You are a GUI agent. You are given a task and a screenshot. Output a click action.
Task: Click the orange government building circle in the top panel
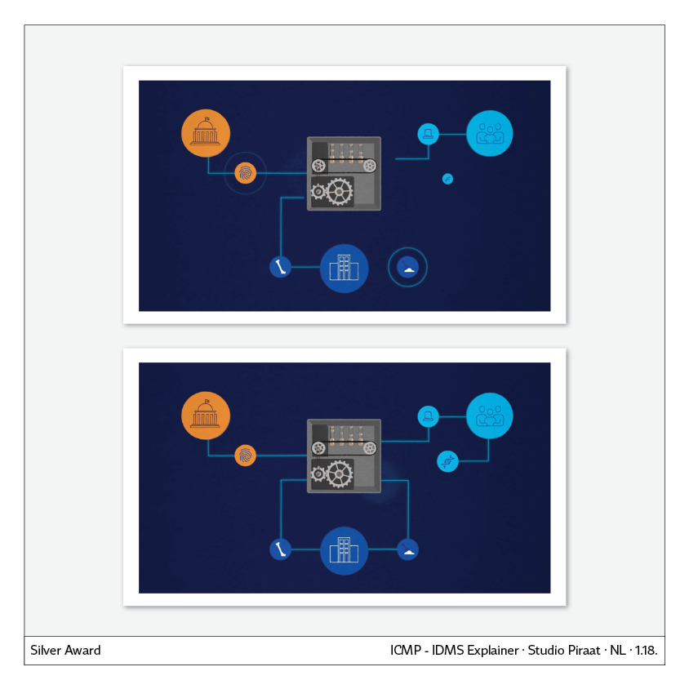pos(206,131)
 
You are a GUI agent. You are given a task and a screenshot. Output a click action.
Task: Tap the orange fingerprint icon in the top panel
pos(246,173)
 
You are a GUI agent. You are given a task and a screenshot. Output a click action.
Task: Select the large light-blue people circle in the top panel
pos(490,132)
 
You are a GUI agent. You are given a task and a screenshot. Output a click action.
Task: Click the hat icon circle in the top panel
pos(428,133)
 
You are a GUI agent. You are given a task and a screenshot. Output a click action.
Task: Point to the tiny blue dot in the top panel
pos(447,179)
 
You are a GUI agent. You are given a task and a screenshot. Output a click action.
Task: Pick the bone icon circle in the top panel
pos(281,266)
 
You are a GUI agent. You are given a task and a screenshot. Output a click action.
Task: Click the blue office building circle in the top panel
pos(344,268)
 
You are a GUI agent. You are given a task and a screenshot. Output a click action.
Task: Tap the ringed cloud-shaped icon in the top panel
pos(407,267)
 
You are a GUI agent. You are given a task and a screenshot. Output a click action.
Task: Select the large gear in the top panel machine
pos(339,191)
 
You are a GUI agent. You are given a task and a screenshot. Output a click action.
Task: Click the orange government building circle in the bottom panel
pos(206,416)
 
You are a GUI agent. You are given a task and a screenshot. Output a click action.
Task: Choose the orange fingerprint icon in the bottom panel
pos(246,456)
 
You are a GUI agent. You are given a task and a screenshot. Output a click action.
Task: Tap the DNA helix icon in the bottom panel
pos(447,462)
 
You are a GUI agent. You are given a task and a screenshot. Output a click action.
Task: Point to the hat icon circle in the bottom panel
pos(428,416)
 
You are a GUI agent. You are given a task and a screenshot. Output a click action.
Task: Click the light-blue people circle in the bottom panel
pos(490,416)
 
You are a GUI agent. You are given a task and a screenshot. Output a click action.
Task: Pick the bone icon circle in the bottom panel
pos(281,549)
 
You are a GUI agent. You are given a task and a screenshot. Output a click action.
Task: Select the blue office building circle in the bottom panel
pos(344,551)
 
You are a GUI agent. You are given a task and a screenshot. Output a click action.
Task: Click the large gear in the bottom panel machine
pos(339,473)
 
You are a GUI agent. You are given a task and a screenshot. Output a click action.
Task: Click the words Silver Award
pos(65,651)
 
